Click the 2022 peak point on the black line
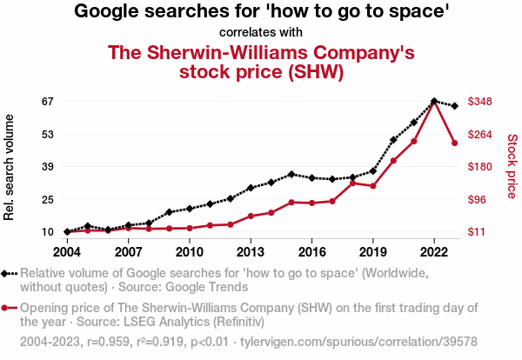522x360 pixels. pyautogui.click(x=434, y=101)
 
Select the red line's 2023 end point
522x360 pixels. pyautogui.click(x=455, y=143)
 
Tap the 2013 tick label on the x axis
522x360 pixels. pyautogui.click(x=251, y=252)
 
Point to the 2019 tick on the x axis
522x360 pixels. pyautogui.click(x=373, y=252)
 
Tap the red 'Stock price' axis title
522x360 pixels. pyautogui.click(x=512, y=165)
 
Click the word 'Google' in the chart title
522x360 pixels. pyautogui.click(x=110, y=12)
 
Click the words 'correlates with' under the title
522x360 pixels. pyautogui.click(x=261, y=33)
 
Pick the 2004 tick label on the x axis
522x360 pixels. pyautogui.click(x=66, y=252)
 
